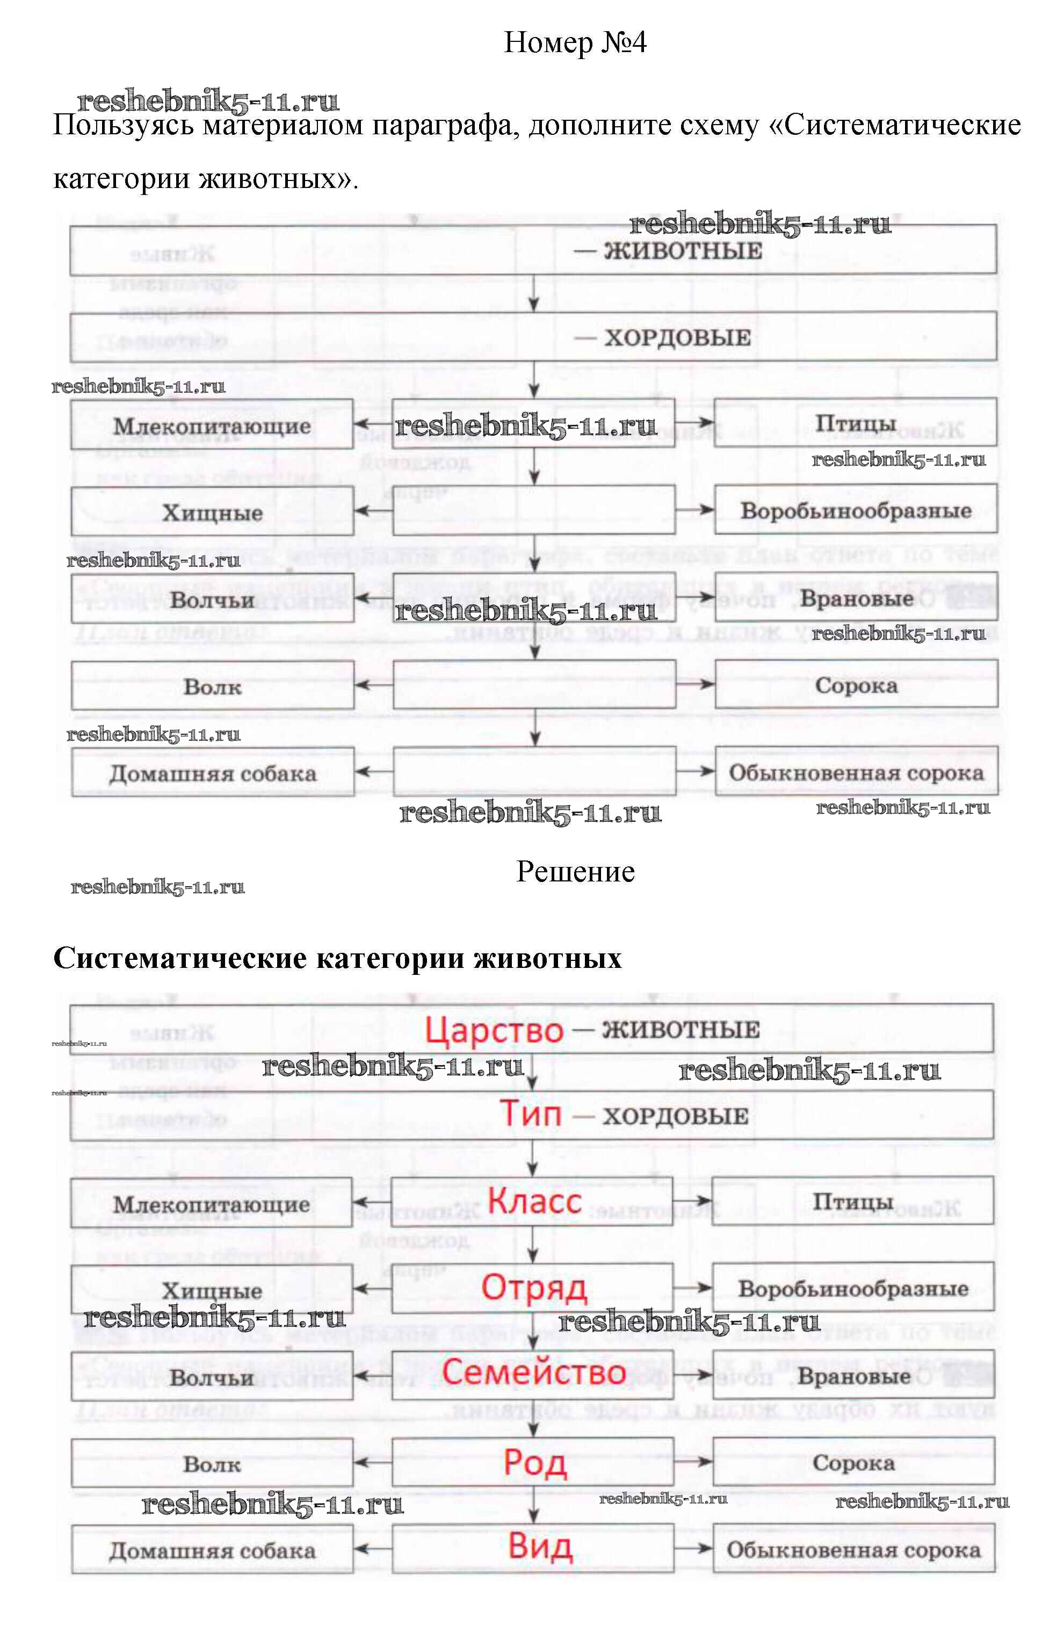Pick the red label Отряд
(534, 1287)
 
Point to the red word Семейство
(533, 1372)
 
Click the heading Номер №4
(575, 43)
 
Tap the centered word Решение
(575, 871)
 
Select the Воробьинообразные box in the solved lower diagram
(853, 1288)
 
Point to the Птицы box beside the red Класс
(853, 1201)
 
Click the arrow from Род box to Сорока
(693, 1461)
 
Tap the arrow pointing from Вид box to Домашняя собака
(373, 1549)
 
